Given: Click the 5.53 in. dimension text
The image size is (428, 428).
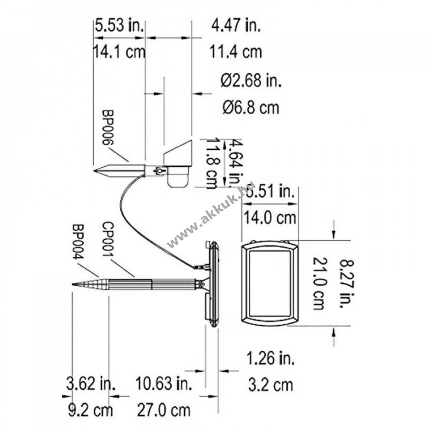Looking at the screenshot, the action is pos(119,26).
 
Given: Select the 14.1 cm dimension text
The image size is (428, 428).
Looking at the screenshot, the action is pos(119,51).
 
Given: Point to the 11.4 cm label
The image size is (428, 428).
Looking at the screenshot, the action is pos(235,51).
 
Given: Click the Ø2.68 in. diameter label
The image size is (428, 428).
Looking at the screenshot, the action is pos(251,80).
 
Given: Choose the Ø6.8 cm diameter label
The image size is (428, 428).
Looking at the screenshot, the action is pos(251,107).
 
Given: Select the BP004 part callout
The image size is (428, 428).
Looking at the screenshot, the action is pos(78,242).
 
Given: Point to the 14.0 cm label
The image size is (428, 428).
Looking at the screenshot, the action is pos(270,218).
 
